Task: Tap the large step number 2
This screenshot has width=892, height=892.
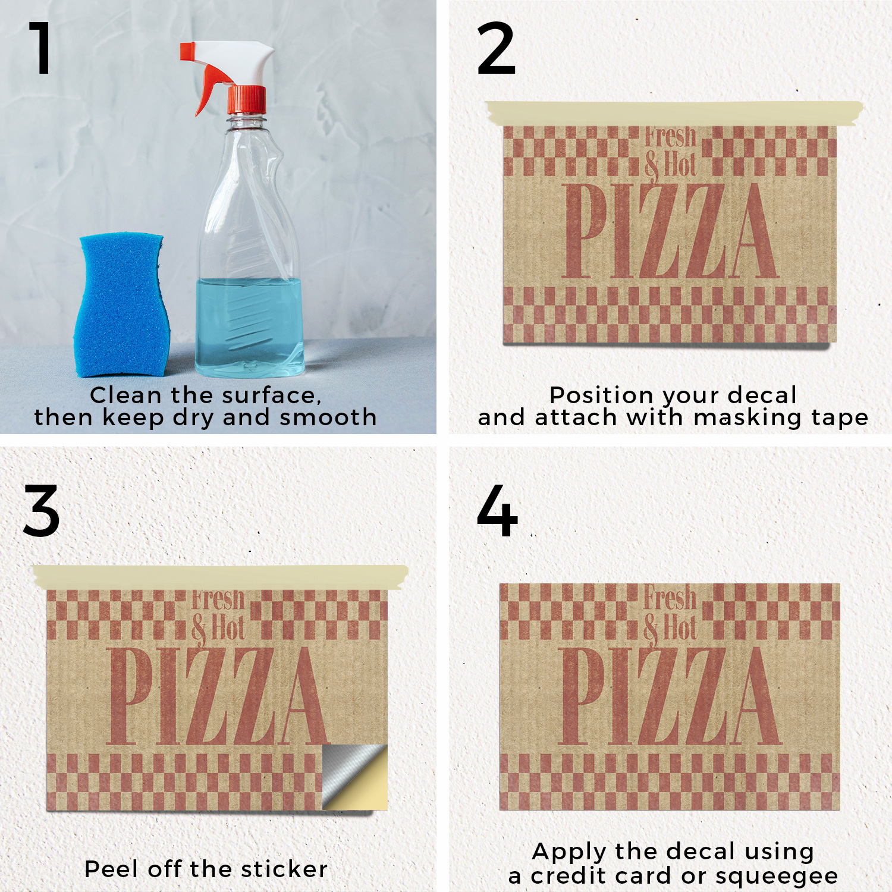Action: point(496,48)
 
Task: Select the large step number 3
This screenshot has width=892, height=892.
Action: point(42,511)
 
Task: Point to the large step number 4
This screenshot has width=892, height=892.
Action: point(497,511)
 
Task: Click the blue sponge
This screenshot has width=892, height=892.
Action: point(121,305)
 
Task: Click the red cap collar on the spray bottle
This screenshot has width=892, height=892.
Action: point(246,100)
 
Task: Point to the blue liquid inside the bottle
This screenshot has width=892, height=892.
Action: point(249,326)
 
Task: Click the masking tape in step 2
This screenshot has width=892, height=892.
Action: point(674,113)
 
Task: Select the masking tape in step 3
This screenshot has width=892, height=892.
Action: point(221,577)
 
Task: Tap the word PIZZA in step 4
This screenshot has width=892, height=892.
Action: point(670,696)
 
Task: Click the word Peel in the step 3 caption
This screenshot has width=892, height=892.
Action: point(113,869)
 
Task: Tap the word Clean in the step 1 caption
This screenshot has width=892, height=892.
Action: point(126,395)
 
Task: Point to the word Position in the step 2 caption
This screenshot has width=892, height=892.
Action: point(602,395)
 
